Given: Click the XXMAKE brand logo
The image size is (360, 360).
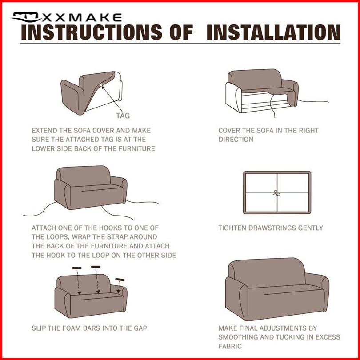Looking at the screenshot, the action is [66, 17].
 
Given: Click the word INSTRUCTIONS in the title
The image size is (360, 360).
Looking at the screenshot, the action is [92, 32].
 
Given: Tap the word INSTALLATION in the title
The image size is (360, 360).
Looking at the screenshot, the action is [273, 32].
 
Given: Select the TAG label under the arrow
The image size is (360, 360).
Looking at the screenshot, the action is [123, 116].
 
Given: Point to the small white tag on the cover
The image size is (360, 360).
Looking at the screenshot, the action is [101, 85].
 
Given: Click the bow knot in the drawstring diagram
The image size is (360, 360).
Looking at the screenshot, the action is [277, 193].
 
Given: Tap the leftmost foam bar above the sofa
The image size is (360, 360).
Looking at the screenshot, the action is [77, 268].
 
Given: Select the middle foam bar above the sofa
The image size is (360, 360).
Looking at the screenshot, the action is [96, 267].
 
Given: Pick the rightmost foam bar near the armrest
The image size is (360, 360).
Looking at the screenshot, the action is [120, 280].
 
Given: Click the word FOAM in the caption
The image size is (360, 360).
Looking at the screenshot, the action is [70, 328].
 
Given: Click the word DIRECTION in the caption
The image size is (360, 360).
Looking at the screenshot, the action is [236, 140].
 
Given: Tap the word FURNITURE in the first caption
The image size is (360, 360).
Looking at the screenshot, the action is [137, 148].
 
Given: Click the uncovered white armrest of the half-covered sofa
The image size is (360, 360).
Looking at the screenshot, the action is [233, 98].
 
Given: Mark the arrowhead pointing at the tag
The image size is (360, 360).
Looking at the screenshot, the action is [104, 88].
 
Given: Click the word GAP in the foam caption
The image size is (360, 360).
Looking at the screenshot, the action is [140, 328].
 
